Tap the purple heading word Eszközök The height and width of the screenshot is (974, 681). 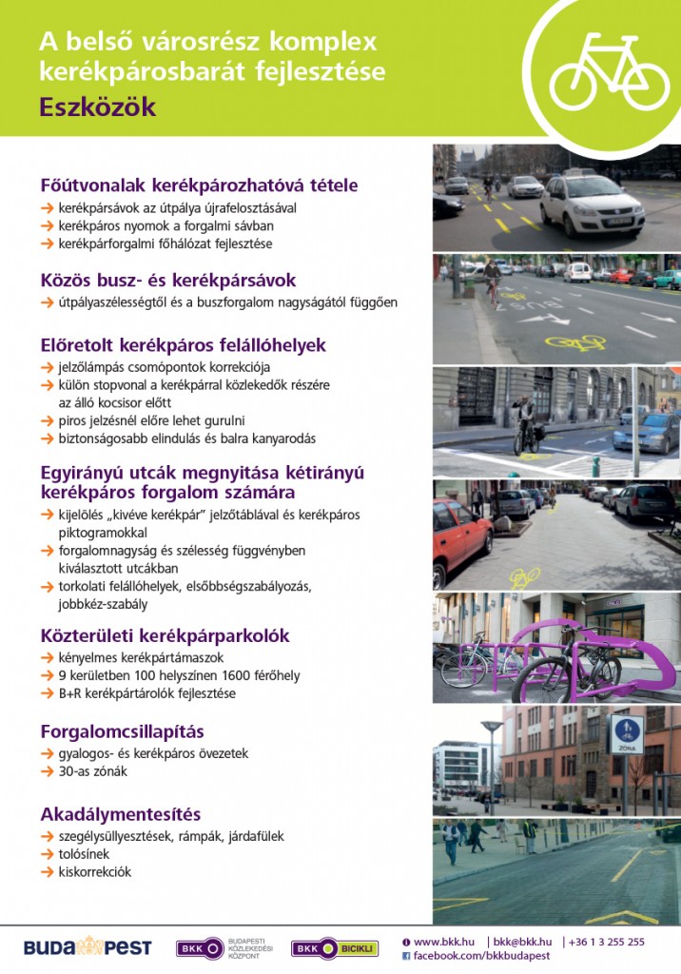click(x=97, y=107)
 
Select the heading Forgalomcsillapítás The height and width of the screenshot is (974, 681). click(x=123, y=731)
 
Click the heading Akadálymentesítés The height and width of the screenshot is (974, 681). click(x=120, y=814)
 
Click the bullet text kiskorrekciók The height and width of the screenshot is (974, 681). click(x=95, y=871)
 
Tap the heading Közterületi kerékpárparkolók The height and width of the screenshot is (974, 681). click(x=165, y=635)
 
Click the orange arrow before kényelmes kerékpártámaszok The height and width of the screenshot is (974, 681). click(x=47, y=658)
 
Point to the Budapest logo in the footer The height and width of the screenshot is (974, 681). click(x=74, y=947)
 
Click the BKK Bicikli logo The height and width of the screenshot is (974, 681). click(x=334, y=948)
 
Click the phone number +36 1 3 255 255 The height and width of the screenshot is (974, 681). click(x=608, y=942)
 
